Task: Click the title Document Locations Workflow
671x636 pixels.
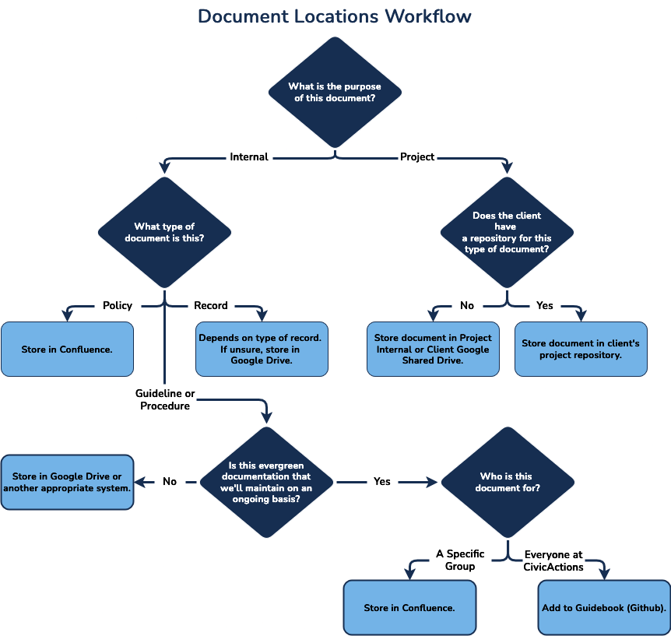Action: tap(335, 16)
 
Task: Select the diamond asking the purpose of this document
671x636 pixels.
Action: tap(335, 92)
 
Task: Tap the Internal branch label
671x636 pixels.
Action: tap(249, 156)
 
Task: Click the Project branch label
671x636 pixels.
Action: tap(417, 156)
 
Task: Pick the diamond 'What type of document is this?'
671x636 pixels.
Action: tap(164, 232)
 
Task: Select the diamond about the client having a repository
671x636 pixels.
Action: tap(507, 232)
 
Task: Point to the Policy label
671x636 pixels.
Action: tap(118, 305)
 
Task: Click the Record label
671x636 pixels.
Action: tap(211, 305)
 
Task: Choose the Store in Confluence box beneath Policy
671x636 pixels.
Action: tap(67, 349)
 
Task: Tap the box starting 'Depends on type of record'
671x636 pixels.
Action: tap(261, 349)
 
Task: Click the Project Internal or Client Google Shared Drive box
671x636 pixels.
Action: tap(433, 349)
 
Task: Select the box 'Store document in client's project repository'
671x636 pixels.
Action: tap(581, 349)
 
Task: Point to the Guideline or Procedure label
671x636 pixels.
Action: tap(164, 399)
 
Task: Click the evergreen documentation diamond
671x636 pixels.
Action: tap(267, 482)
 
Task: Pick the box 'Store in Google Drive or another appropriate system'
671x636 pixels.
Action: tap(67, 482)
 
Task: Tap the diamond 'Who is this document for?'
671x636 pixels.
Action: tap(507, 482)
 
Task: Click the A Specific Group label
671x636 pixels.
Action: tap(460, 560)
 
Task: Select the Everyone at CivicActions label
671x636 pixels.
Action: tap(553, 560)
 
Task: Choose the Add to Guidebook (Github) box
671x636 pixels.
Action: tap(604, 607)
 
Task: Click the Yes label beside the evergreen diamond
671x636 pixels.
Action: tap(382, 482)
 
